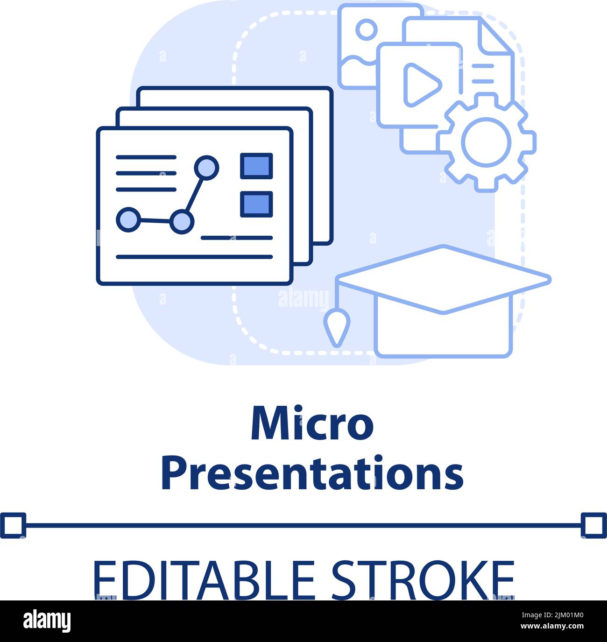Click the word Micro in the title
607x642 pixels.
pyautogui.click(x=312, y=424)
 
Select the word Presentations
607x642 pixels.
pyautogui.click(x=312, y=474)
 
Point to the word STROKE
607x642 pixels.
pyautogui.click(x=423, y=579)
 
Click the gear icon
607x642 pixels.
pyautogui.click(x=486, y=141)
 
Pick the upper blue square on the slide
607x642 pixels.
pyautogui.click(x=256, y=166)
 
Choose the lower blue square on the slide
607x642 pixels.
pyautogui.click(x=256, y=204)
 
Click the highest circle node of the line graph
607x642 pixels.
pyautogui.click(x=206, y=167)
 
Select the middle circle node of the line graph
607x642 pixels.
pyautogui.click(x=181, y=221)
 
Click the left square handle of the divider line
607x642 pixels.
pyautogui.click(x=13, y=525)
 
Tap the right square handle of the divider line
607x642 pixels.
pyautogui.click(x=594, y=525)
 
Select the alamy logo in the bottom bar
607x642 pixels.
pyautogui.click(x=47, y=621)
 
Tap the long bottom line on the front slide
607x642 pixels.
pyautogui.click(x=194, y=257)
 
